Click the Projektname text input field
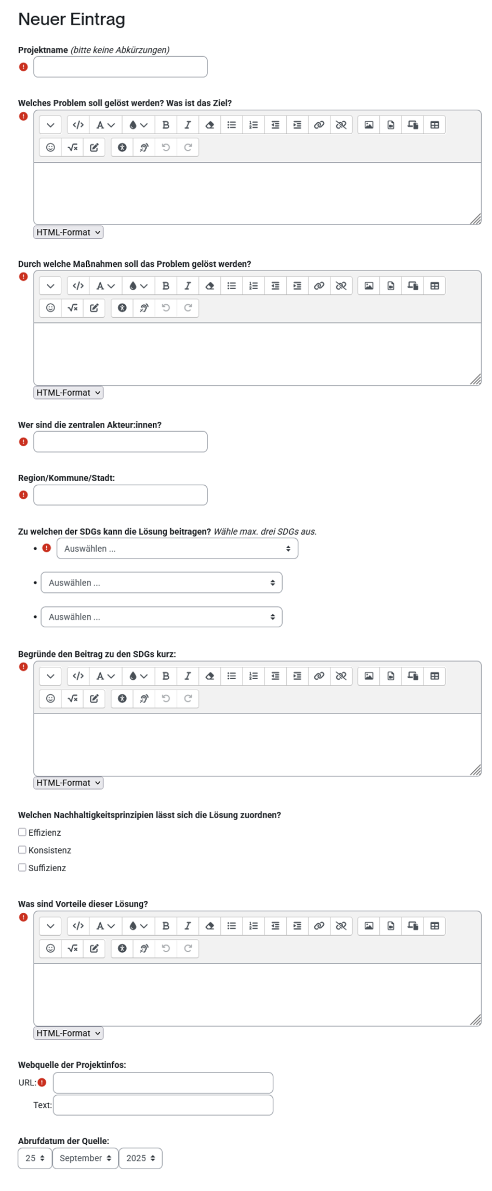pos(120,67)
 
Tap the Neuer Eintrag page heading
pos(72,19)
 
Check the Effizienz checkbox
pos(22,832)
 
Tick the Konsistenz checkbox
pos(22,850)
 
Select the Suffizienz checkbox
pos(22,868)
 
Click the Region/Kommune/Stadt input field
pos(120,495)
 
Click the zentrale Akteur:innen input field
pos(120,442)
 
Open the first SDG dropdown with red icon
pos(177,549)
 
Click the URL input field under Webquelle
pos(163,1083)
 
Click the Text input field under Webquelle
pos(163,1105)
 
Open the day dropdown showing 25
pos(35,1158)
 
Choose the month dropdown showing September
pos(85,1158)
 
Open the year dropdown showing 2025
pos(140,1158)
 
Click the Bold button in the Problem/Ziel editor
pos(166,125)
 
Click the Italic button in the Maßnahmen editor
pos(188,286)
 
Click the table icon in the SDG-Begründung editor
pos(435,676)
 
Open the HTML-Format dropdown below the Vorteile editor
pos(68,1033)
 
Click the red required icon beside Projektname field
pos(23,67)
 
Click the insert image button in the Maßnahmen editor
pos(368,286)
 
